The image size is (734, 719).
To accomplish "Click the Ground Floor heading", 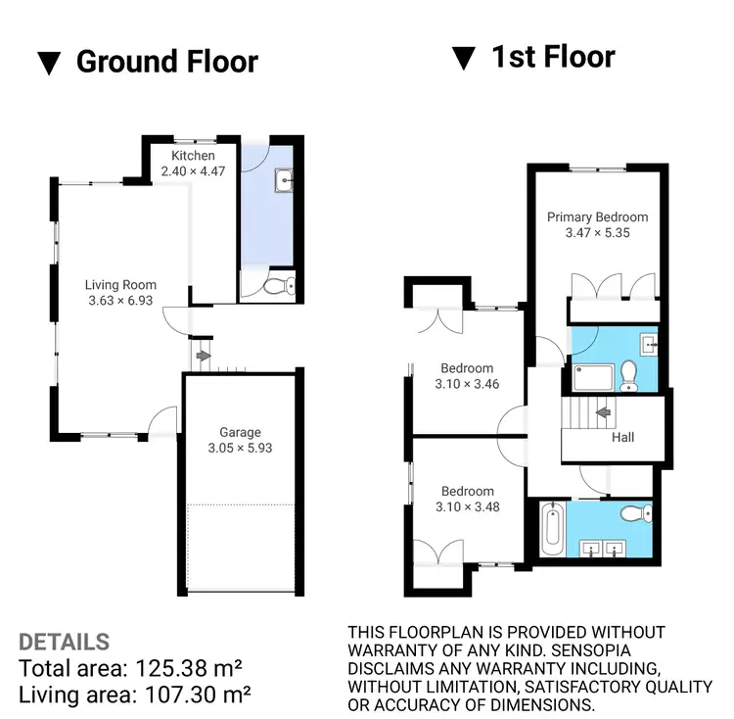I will (166, 62).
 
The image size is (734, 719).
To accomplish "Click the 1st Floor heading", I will (552, 57).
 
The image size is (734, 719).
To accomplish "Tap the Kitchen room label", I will (192, 156).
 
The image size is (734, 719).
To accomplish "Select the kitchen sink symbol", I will (286, 180).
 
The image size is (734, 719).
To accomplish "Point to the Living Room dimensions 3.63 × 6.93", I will (120, 301).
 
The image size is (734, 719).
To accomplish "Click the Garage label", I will (240, 432).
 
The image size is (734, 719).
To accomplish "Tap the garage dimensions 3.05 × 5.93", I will (240, 448).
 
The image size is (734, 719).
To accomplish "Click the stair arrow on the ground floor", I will (203, 357).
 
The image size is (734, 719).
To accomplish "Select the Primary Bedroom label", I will (597, 217).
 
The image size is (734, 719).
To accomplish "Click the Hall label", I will (622, 438).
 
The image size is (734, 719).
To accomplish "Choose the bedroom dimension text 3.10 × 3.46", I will (467, 384).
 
